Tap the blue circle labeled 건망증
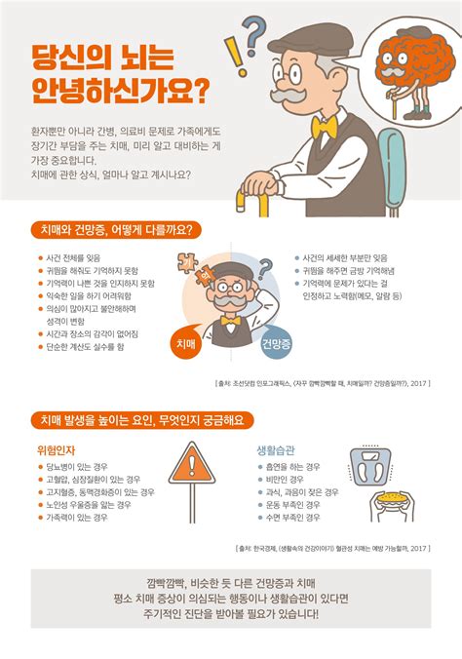click(x=277, y=344)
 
